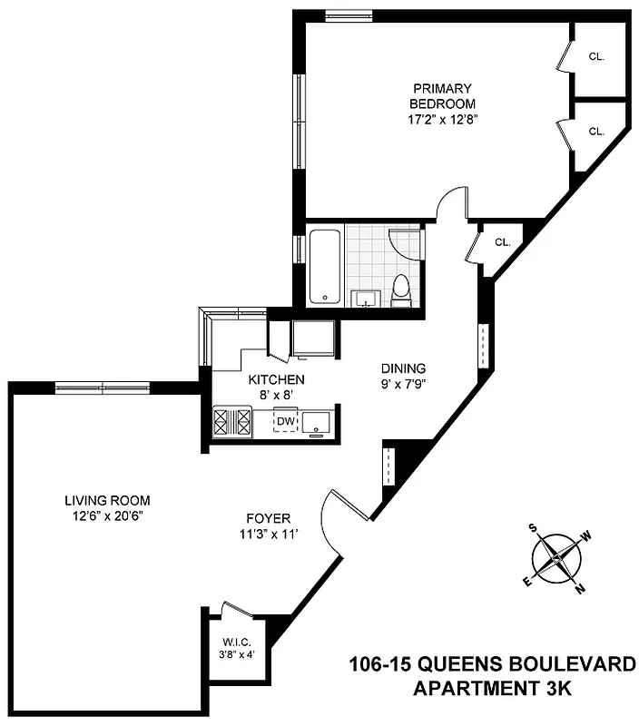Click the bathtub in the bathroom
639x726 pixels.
(x=324, y=267)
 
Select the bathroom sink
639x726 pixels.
(x=368, y=298)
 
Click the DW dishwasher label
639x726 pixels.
(x=286, y=421)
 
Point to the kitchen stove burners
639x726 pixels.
(x=231, y=422)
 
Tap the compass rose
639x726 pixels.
(x=556, y=558)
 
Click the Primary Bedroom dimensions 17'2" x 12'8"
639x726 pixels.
(x=442, y=119)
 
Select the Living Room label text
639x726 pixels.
(x=107, y=500)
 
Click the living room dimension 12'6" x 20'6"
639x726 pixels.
(x=107, y=515)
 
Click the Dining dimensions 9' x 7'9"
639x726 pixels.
(x=403, y=384)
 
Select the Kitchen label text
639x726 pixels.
(x=276, y=379)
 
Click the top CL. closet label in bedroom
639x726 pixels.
(x=596, y=56)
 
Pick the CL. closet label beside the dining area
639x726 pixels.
(x=503, y=242)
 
